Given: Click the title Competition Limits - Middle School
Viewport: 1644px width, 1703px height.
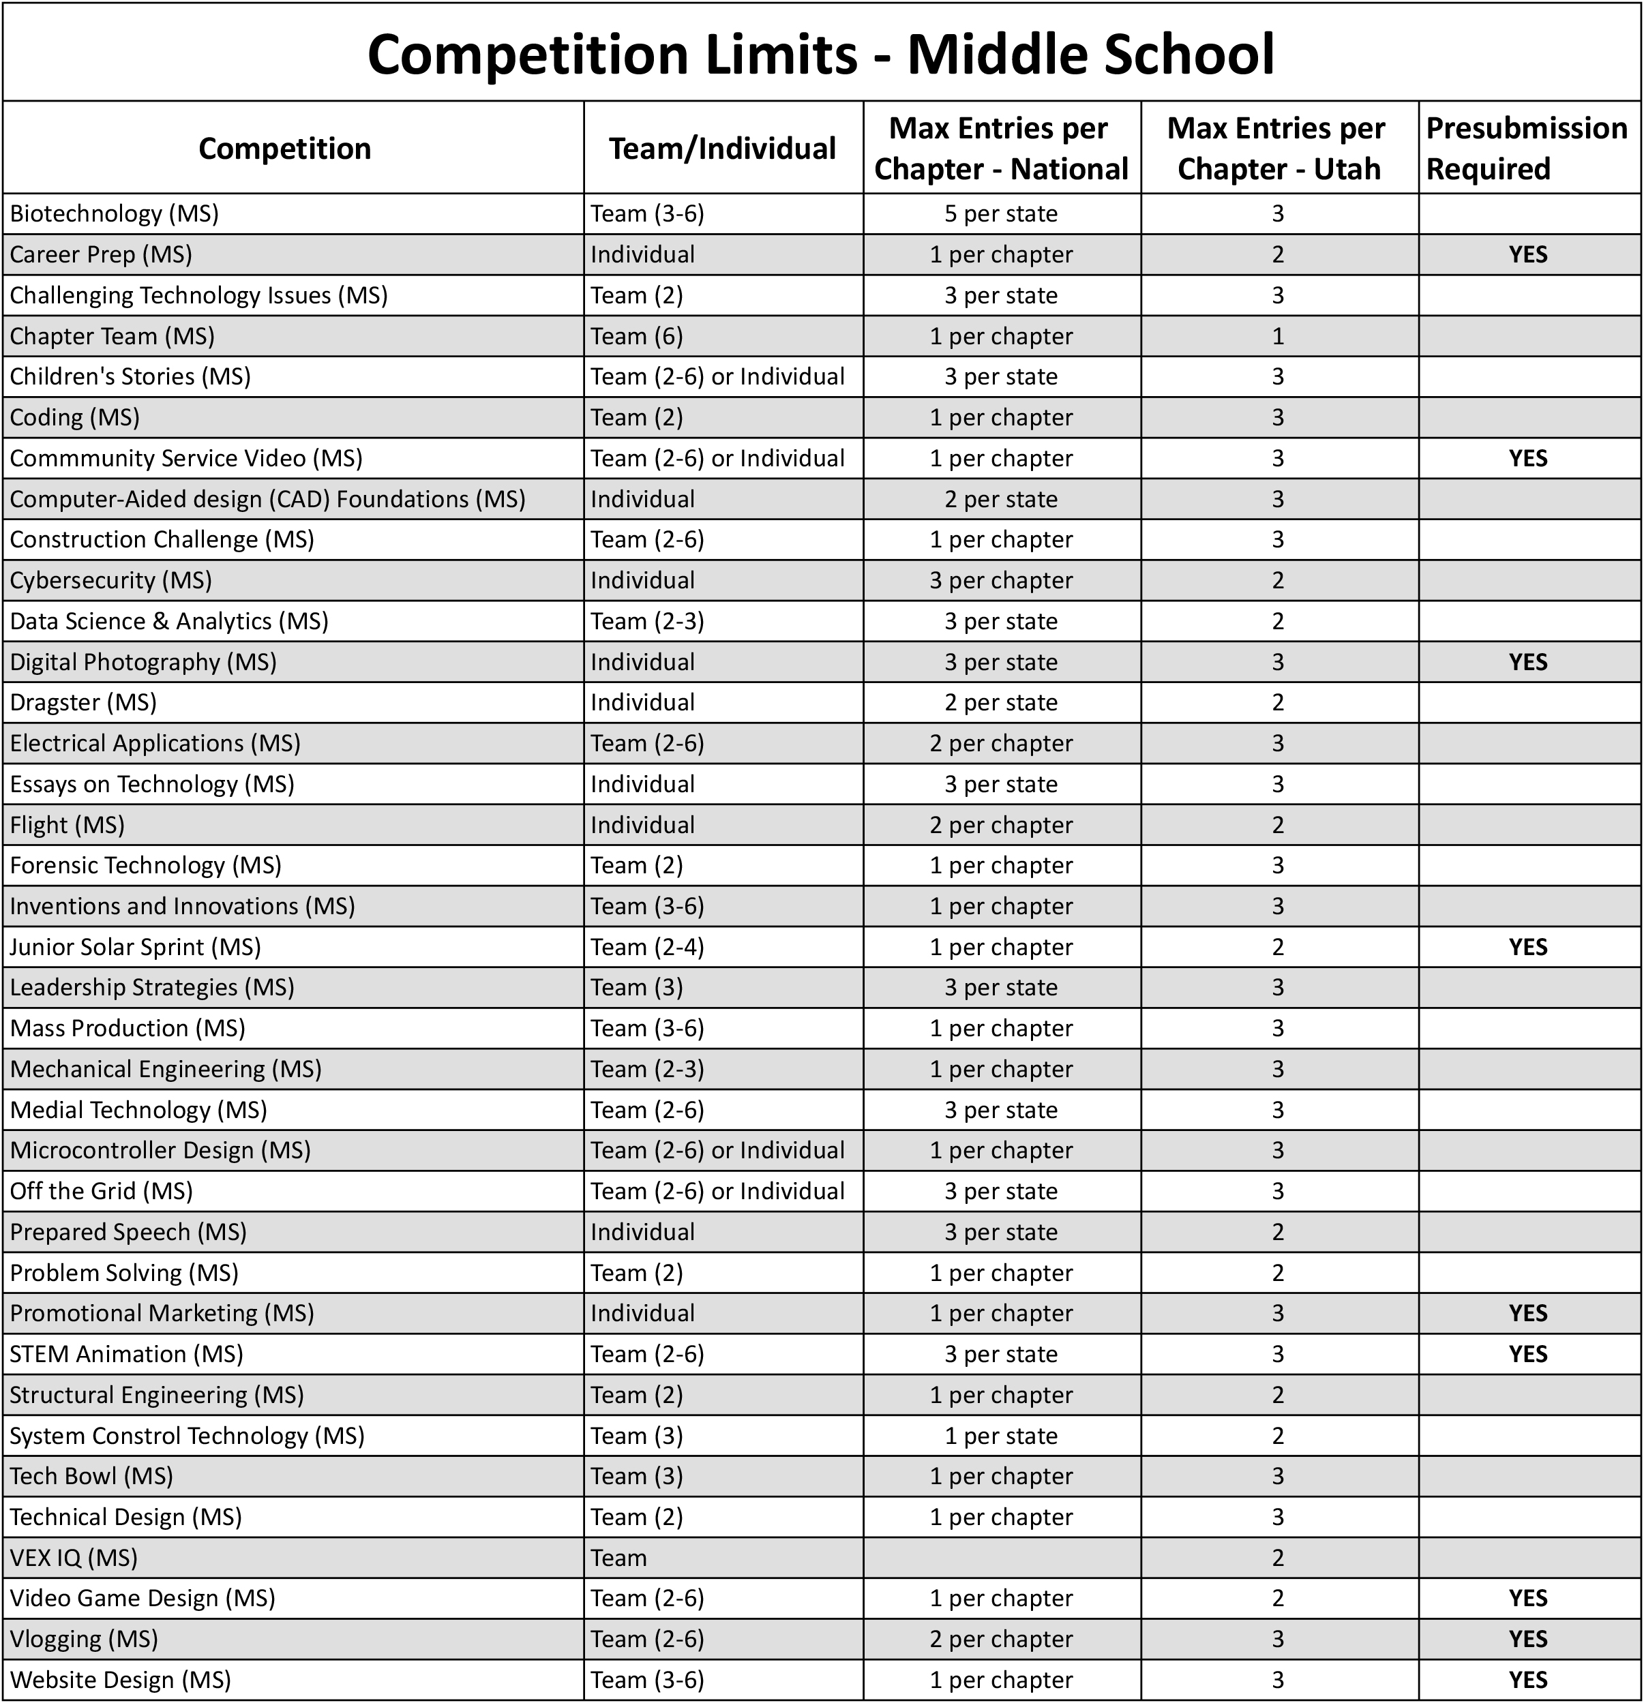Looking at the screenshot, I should (x=820, y=54).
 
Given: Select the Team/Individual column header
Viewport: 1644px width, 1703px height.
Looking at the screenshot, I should (x=722, y=149).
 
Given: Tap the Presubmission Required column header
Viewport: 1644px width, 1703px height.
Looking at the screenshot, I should (x=1527, y=149).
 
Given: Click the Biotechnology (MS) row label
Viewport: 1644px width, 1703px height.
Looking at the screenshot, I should (x=114, y=214).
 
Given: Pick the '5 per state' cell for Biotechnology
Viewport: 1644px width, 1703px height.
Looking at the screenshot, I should (x=1001, y=214).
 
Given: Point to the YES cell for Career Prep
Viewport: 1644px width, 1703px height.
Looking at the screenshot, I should (x=1527, y=254).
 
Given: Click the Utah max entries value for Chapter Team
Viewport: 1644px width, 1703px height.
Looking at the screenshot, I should (x=1277, y=336).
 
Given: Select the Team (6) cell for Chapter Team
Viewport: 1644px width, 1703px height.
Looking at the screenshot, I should (x=637, y=336).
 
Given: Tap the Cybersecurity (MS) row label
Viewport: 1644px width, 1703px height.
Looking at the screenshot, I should (x=110, y=580).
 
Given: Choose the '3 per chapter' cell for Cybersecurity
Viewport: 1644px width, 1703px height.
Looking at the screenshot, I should (x=1001, y=580).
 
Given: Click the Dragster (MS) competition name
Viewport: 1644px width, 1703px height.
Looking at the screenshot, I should (x=83, y=702).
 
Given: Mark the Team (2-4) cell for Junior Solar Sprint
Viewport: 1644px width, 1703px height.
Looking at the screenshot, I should (x=647, y=947).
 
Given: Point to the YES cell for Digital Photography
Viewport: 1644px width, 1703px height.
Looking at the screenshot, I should (x=1527, y=662).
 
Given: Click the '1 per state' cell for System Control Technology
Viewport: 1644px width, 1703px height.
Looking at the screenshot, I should (x=1001, y=1435).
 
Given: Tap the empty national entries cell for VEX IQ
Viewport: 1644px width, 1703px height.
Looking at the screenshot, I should (x=1001, y=1558).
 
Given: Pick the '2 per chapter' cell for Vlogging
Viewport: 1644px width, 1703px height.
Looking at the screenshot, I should (x=1001, y=1639).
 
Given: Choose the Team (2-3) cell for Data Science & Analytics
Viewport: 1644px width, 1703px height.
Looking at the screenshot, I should (x=647, y=621).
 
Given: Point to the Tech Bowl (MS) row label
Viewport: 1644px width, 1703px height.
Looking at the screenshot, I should (x=91, y=1476).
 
